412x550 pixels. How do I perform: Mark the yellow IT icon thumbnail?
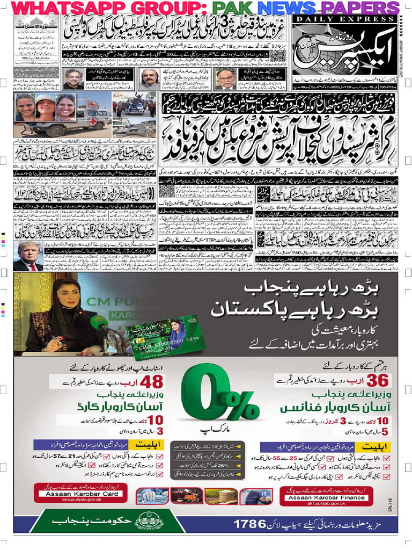click(267, 495)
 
